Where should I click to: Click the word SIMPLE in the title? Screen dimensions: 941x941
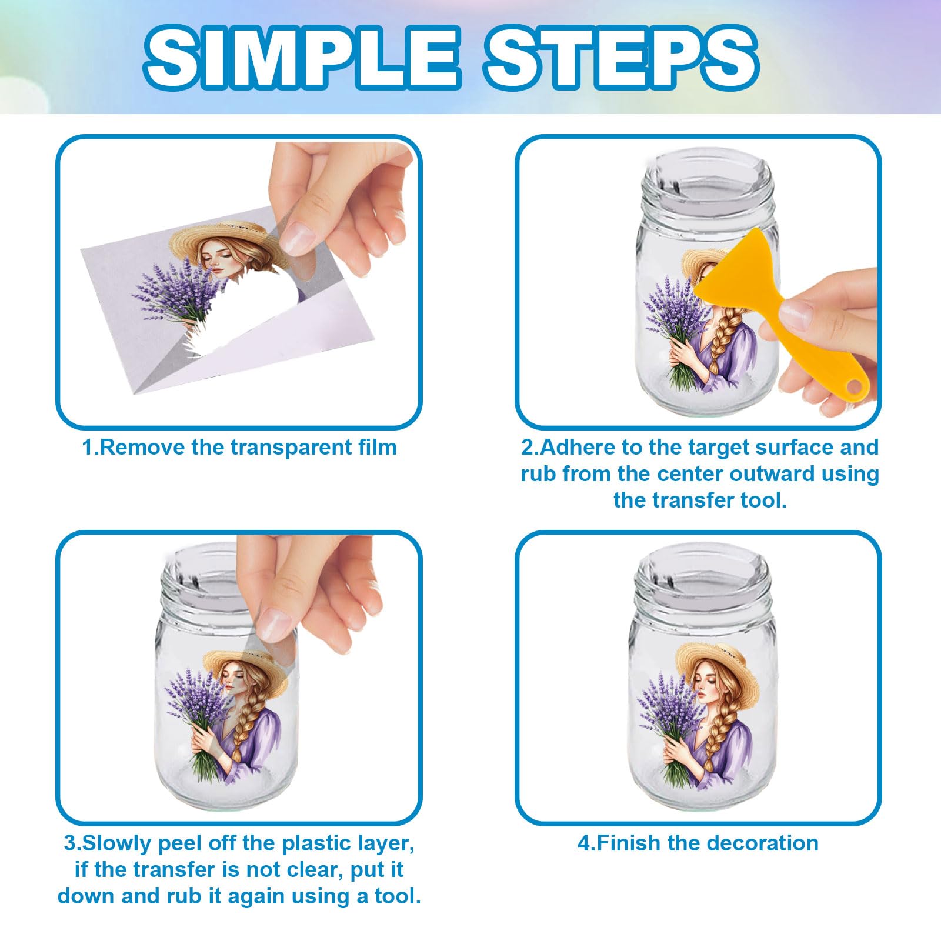pyautogui.click(x=301, y=58)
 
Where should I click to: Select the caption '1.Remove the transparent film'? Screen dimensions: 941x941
pyautogui.click(x=239, y=448)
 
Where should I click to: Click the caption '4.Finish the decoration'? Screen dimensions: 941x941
pyautogui.click(x=698, y=843)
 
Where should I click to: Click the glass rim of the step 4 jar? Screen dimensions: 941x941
pyautogui.click(x=698, y=570)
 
